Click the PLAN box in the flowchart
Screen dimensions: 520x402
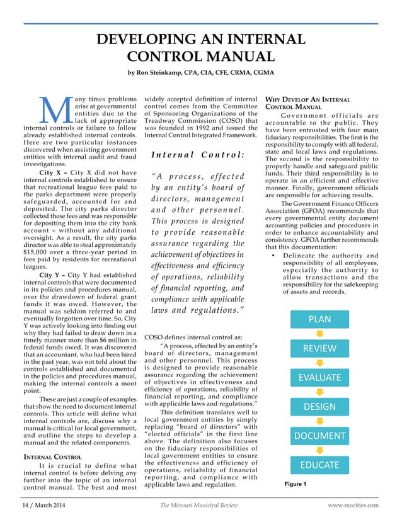coord(319,319)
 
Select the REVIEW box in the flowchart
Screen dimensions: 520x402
coord(319,348)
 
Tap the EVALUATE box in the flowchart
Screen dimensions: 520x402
coord(319,378)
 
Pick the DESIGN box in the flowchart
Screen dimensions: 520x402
coord(319,407)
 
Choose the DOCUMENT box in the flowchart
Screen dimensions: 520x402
coord(319,436)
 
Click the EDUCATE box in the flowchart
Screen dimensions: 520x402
coord(319,465)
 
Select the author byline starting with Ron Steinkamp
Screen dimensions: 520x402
coord(200,72)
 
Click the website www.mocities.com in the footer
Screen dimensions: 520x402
coord(353,505)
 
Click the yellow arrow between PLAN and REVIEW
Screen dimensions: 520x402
coord(319,334)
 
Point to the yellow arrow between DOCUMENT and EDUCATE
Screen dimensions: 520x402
coord(319,451)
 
